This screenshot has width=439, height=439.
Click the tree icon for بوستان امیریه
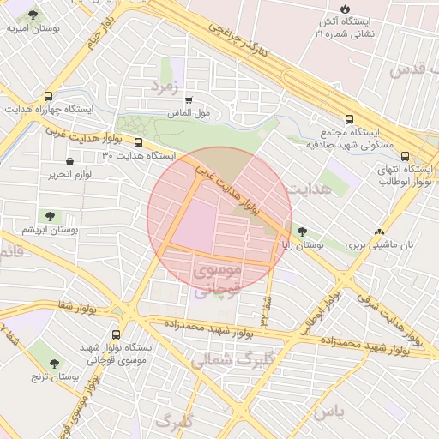pos(33,15)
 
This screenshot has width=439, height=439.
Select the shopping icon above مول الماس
pos(189,99)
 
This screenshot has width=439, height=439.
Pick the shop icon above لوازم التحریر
pos(69,160)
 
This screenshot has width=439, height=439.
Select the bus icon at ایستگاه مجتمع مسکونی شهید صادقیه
pos(348,120)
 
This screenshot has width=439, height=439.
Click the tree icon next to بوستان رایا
pos(301,232)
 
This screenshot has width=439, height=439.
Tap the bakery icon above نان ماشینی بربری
pos(379,232)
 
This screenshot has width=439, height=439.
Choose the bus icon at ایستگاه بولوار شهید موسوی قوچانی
pos(116,334)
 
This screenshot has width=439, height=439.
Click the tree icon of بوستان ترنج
pos(54,364)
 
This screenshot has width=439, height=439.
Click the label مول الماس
pos(189,112)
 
